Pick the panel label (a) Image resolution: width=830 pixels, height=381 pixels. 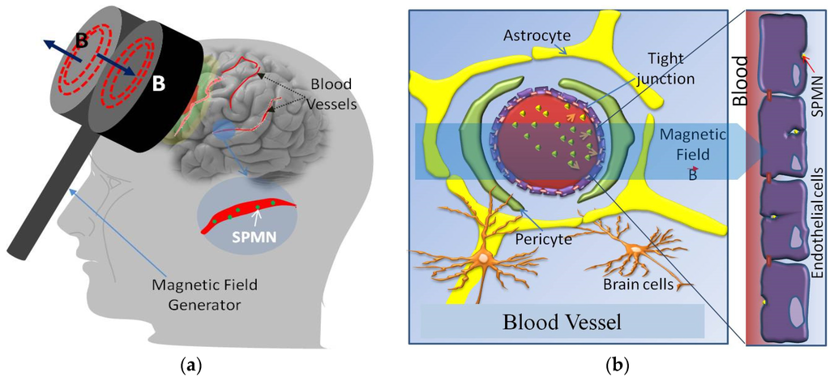click(x=192, y=366)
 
